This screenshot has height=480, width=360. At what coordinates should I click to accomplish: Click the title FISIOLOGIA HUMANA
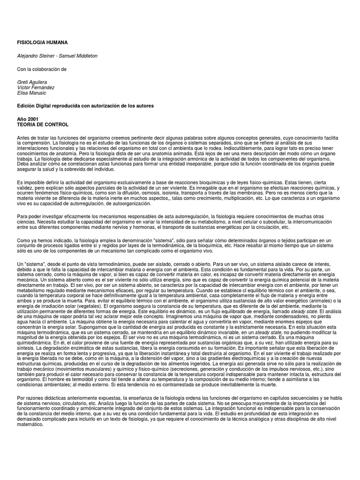tap(42, 42)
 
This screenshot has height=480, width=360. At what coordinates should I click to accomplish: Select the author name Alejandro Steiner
tap(35, 56)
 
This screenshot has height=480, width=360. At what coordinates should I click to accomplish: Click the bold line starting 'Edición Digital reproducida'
tap(85, 106)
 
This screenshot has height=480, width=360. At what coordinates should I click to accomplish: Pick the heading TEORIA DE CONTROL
tap(43, 125)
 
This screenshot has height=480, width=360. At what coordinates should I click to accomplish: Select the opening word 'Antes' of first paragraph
tap(23, 136)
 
